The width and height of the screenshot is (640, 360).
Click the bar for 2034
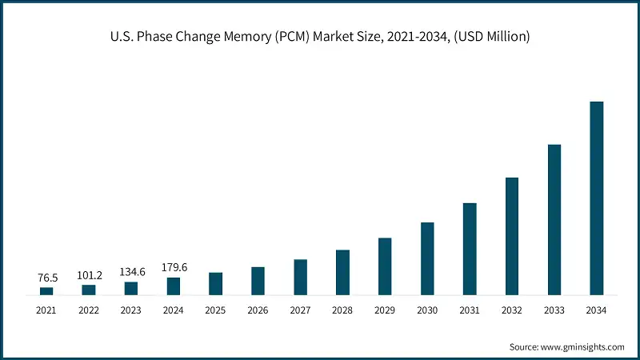(597, 198)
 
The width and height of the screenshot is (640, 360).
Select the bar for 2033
(554, 220)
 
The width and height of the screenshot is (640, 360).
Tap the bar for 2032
(512, 236)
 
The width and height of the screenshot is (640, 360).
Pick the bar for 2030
(427, 258)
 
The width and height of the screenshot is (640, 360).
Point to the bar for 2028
(342, 272)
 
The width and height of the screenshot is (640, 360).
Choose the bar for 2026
(258, 281)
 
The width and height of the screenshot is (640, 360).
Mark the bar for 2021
(46, 290)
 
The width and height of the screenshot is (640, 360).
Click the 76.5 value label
(47, 278)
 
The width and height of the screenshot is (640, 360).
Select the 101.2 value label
(89, 275)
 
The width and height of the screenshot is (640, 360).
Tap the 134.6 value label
(131, 272)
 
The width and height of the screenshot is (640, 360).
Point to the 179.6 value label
(174, 267)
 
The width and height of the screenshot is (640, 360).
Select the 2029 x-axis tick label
(385, 310)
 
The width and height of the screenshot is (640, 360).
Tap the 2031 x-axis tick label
(470, 310)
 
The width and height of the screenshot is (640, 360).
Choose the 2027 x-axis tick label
(300, 310)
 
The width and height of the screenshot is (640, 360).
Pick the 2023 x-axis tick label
(131, 310)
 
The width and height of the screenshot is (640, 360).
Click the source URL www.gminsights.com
(585, 346)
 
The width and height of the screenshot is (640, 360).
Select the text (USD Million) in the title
(494, 36)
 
